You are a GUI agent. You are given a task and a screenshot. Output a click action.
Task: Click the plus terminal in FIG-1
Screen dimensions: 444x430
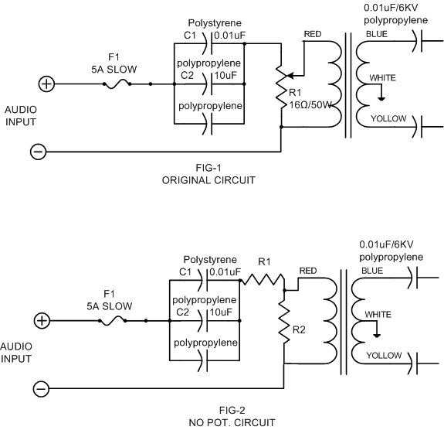46,84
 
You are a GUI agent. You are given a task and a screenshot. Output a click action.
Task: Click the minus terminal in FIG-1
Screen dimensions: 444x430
39,152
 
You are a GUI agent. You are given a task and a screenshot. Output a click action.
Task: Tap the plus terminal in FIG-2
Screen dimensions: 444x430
42,321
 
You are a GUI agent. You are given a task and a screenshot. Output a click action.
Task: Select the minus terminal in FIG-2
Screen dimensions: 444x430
42,388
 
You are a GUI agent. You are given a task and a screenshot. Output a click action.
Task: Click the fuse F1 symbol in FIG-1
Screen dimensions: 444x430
117,84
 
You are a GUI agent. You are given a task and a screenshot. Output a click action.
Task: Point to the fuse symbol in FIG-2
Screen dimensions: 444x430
113,321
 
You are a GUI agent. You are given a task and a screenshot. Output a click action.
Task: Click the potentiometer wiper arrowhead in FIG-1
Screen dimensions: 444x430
290,76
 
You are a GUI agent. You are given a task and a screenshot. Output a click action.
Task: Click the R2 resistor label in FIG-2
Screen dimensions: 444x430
299,330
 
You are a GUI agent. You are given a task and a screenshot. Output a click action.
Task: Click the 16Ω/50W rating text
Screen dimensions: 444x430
310,105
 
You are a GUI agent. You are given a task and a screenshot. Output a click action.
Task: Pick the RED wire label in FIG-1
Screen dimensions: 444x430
313,34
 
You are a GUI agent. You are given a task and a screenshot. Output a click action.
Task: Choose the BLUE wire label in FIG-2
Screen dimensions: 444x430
372,271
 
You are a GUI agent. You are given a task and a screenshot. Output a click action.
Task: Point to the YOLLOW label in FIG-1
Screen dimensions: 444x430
388,118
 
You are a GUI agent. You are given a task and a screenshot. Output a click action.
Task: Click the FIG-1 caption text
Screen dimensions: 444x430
208,168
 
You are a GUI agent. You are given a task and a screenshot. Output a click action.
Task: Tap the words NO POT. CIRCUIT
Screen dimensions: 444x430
232,422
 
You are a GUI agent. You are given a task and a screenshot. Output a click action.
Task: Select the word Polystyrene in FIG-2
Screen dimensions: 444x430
210,260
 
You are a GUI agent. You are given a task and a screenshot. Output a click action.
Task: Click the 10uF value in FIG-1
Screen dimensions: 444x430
225,76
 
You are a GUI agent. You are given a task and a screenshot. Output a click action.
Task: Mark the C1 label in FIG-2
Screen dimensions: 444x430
185,272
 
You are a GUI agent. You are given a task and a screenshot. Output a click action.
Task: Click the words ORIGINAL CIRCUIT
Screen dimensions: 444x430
208,180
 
